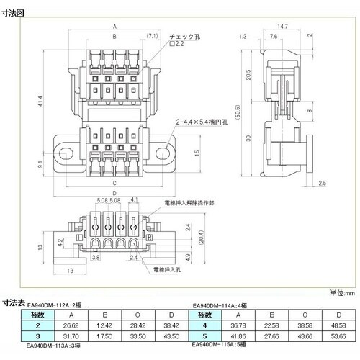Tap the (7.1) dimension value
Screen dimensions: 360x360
[x=153, y=35]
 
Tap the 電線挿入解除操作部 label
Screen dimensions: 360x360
[x=189, y=204]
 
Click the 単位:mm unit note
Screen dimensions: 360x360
[x=343, y=293]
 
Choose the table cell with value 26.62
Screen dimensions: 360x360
[x=71, y=325]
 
